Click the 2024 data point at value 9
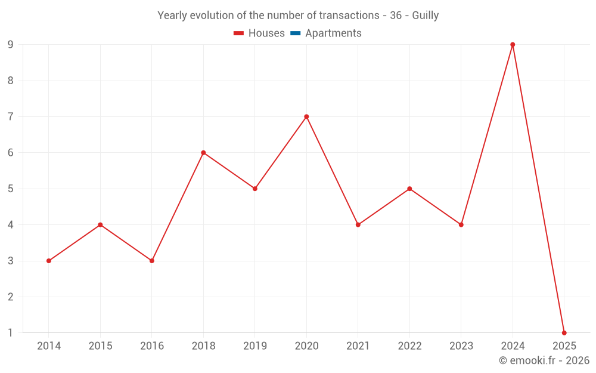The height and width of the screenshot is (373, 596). [513, 45]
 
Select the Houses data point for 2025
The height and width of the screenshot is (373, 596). [564, 332]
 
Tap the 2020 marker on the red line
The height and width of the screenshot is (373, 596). [306, 116]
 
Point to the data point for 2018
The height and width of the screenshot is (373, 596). [203, 153]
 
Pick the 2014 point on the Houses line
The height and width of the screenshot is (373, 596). [49, 261]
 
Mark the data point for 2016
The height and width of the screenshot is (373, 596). [152, 261]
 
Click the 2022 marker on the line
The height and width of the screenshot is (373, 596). [409, 189]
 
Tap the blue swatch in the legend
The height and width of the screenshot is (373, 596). [295, 33]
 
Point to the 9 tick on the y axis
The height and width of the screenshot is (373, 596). [10, 45]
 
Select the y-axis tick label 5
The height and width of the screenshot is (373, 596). [10, 189]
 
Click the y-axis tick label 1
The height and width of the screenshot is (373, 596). [10, 332]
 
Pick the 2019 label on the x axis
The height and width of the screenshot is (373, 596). [255, 346]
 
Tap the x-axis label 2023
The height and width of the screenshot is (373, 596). [461, 346]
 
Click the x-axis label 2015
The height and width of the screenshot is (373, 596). [100, 346]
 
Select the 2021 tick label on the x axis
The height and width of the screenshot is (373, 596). [358, 346]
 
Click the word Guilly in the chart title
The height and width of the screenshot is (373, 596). [425, 16]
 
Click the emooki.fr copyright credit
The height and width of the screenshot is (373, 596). [544, 360]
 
